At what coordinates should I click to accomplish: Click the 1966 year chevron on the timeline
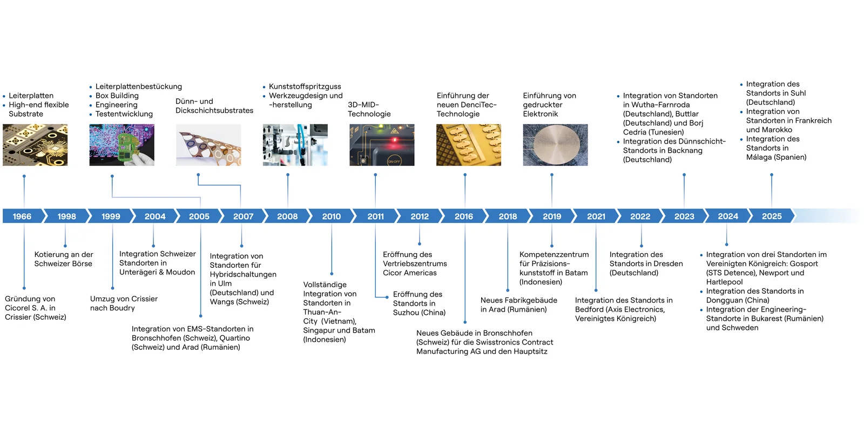[x=22, y=216]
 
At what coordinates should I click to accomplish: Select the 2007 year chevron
[x=243, y=216]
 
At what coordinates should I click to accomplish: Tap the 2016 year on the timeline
[x=463, y=216]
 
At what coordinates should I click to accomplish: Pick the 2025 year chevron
[x=772, y=216]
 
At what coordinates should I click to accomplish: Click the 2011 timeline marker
[x=375, y=216]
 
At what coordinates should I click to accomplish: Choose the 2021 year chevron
[x=596, y=216]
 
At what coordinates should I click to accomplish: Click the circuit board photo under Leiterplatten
[x=35, y=145]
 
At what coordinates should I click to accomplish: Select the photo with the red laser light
[x=382, y=145]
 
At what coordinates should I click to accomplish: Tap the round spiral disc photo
[x=555, y=145]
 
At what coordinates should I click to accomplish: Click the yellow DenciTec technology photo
[x=469, y=145]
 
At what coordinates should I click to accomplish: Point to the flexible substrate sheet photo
[x=208, y=145]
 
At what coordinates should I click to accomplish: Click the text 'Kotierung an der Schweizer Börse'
[x=63, y=259]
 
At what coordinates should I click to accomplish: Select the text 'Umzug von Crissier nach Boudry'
[x=124, y=303]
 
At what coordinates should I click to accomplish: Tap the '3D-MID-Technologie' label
[x=369, y=109]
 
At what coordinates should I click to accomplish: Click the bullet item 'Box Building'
[x=117, y=96]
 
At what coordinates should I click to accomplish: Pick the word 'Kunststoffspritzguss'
[x=305, y=86]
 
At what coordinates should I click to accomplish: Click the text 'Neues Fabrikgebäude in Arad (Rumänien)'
[x=518, y=305]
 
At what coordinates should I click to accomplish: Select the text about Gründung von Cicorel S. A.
[x=35, y=308]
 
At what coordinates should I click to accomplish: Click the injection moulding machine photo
[x=295, y=145]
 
